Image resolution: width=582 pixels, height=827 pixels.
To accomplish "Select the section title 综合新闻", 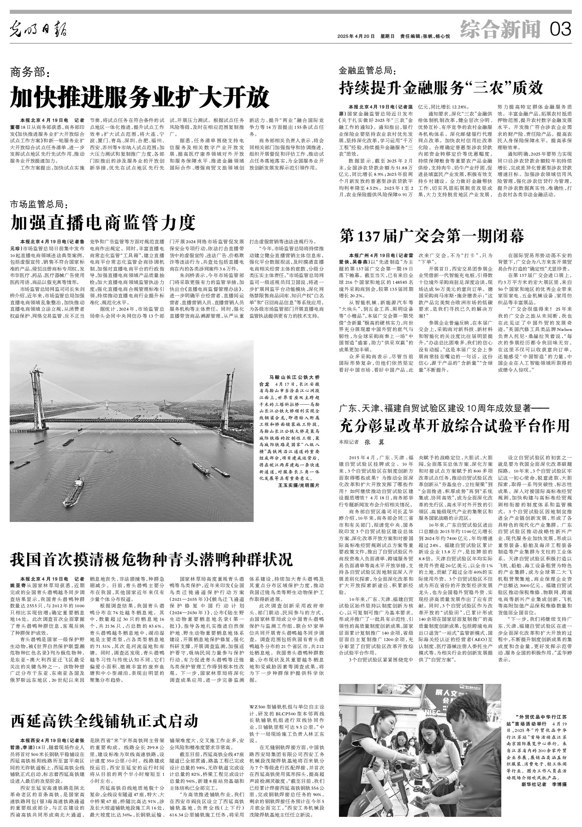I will tap(500, 30).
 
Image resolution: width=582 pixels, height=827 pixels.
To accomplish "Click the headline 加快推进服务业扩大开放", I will tap(140, 97).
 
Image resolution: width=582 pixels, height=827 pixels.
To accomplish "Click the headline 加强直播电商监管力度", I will tap(104, 223).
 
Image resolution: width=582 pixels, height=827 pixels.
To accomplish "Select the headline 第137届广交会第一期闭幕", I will tap(432, 236).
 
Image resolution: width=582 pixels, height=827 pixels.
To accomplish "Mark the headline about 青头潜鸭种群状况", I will tap(152, 560).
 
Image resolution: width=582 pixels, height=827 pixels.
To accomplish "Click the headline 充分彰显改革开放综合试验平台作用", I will tap(454, 424).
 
